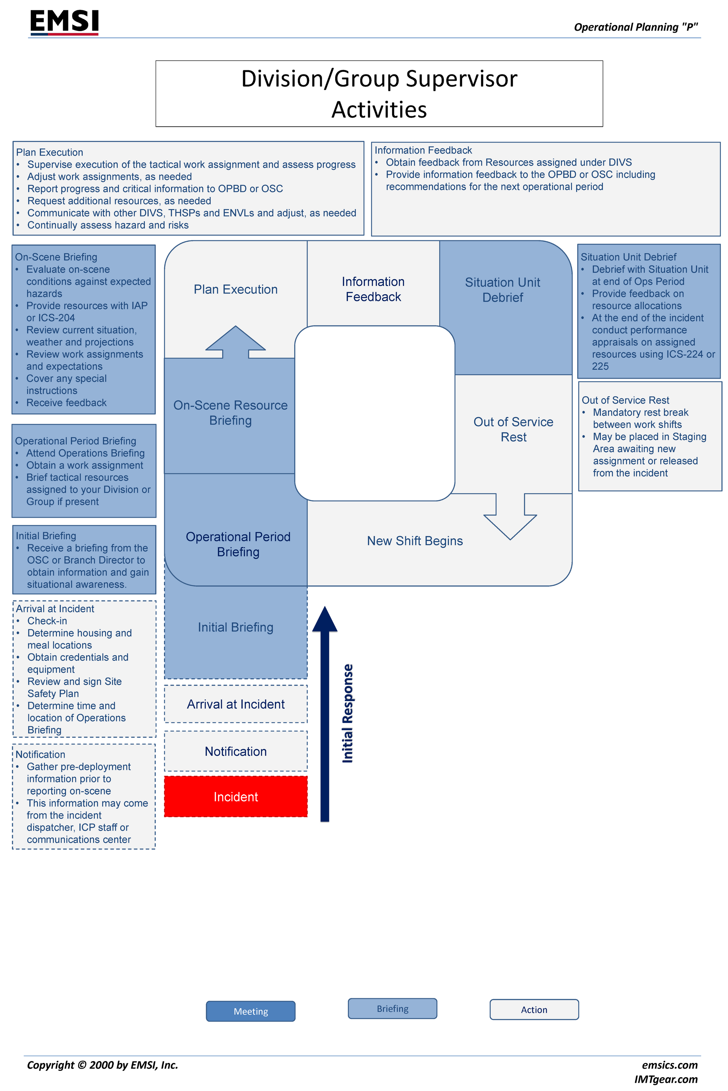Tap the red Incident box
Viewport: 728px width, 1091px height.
235,796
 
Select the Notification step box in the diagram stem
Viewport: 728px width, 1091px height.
235,751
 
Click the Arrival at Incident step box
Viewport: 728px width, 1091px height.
235,704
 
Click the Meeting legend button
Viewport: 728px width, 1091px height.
250,1011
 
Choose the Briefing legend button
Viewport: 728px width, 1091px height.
392,1008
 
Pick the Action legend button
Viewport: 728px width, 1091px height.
534,1010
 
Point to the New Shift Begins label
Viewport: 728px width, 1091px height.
415,540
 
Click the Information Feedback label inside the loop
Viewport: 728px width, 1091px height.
373,289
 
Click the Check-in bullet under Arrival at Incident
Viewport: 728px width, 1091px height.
47,621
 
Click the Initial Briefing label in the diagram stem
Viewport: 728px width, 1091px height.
235,627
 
